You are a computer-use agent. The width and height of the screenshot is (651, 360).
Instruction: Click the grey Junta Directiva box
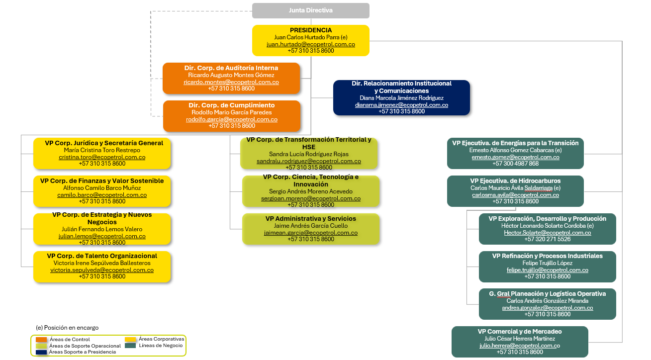coord(311,11)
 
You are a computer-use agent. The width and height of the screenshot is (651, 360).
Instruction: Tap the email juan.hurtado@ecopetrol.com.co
coord(311,44)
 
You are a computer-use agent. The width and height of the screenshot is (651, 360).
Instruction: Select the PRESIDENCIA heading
coord(311,30)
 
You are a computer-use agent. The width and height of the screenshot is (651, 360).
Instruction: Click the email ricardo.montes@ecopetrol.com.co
coord(231,82)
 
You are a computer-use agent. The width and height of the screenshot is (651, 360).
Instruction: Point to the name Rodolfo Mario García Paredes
coord(232,112)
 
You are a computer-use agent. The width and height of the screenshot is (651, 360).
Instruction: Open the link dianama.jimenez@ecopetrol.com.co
coord(401,104)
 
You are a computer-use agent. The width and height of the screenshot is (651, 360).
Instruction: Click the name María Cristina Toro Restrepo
coord(102,150)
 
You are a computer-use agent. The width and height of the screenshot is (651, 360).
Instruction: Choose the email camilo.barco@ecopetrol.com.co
coord(102,195)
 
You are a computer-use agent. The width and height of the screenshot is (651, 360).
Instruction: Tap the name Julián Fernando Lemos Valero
coord(102,229)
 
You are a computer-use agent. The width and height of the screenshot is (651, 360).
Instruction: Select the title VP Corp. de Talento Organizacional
coord(102,256)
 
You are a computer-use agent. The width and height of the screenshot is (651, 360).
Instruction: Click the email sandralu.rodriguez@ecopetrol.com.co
coord(309,161)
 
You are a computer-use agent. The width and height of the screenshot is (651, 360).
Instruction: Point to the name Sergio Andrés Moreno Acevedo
coord(311,191)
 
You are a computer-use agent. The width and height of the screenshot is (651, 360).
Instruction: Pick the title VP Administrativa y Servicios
coord(311,218)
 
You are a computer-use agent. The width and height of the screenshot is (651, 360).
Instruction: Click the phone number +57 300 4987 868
coord(515,164)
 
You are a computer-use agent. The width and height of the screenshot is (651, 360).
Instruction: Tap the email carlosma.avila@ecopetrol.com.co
coord(515,195)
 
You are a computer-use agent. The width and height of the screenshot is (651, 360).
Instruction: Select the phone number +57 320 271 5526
coord(547,239)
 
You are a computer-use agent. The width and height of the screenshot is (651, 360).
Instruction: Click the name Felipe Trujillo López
coord(547,263)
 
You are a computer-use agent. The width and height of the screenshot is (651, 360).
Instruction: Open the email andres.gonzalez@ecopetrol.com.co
coord(547,308)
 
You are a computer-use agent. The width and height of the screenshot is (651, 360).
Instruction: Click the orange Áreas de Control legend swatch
coord(41,340)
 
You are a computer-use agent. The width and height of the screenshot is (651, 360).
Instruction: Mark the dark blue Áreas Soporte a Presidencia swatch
coord(41,352)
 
